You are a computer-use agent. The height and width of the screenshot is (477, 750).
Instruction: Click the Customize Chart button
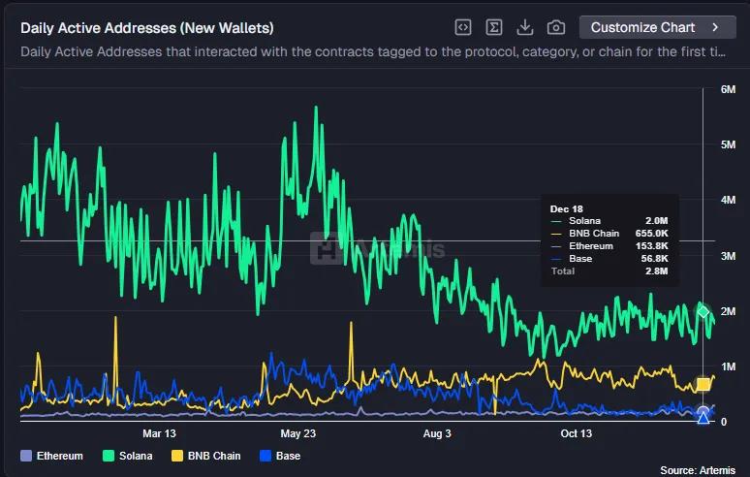pyautogui.click(x=656, y=27)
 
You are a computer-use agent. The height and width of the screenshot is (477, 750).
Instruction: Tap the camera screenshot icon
pyautogui.click(x=556, y=27)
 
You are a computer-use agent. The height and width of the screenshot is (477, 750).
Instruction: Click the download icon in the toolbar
pyautogui.click(x=525, y=27)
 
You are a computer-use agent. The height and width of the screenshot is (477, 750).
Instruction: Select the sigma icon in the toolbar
pyautogui.click(x=494, y=27)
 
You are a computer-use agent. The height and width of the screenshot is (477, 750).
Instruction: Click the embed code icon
pyautogui.click(x=463, y=27)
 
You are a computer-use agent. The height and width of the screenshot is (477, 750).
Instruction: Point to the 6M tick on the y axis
pyautogui.click(x=729, y=89)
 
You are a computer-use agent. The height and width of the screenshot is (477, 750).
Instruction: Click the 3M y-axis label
pyautogui.click(x=729, y=256)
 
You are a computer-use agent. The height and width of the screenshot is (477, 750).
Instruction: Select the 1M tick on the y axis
pyautogui.click(x=729, y=366)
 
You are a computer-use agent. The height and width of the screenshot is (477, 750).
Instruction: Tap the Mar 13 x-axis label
pyautogui.click(x=159, y=433)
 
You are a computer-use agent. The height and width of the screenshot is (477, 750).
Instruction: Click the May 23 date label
pyautogui.click(x=297, y=433)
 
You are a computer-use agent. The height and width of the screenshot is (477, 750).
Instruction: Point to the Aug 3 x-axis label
pyautogui.click(x=437, y=433)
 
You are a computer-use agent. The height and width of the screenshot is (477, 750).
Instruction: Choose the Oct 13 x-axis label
pyautogui.click(x=576, y=433)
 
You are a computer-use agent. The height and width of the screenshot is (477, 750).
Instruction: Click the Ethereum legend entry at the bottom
pyautogui.click(x=52, y=456)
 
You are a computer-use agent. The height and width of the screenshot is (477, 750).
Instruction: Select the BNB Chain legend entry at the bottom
pyautogui.click(x=205, y=456)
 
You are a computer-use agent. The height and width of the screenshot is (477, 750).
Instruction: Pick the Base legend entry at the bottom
pyautogui.click(x=280, y=456)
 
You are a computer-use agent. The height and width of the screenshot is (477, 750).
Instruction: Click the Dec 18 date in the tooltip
pyautogui.click(x=566, y=208)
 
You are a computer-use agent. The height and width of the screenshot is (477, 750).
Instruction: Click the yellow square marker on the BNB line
pyautogui.click(x=703, y=385)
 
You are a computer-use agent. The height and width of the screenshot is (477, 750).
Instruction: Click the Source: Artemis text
pyautogui.click(x=698, y=469)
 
